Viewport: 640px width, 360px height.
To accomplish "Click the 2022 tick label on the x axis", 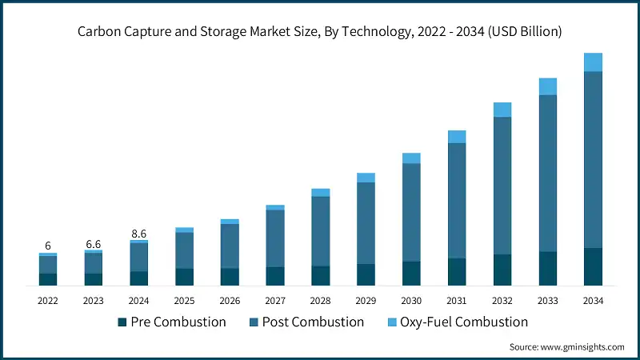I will click(48, 301).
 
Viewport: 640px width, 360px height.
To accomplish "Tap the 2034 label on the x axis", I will click(593, 301).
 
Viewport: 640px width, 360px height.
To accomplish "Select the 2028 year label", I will click(320, 301).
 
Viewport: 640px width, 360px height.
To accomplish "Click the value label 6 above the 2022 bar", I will click(48, 246).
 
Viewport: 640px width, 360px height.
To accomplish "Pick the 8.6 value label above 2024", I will click(138, 234).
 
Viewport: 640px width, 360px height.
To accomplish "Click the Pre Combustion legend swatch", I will click(122, 322).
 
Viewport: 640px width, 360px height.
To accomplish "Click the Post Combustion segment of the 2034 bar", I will click(593, 160).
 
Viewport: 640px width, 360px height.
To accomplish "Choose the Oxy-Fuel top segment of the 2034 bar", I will click(593, 62).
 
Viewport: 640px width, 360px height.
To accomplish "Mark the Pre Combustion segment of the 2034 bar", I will click(593, 266).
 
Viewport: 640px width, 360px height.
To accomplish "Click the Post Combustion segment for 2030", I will click(411, 212).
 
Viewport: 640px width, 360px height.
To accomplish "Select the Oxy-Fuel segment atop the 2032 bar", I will click(502, 110).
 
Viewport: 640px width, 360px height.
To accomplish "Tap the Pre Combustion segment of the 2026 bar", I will click(230, 277).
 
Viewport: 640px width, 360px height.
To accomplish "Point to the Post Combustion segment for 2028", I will click(320, 231).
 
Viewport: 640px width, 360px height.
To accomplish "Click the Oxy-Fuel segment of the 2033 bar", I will click(548, 86).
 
